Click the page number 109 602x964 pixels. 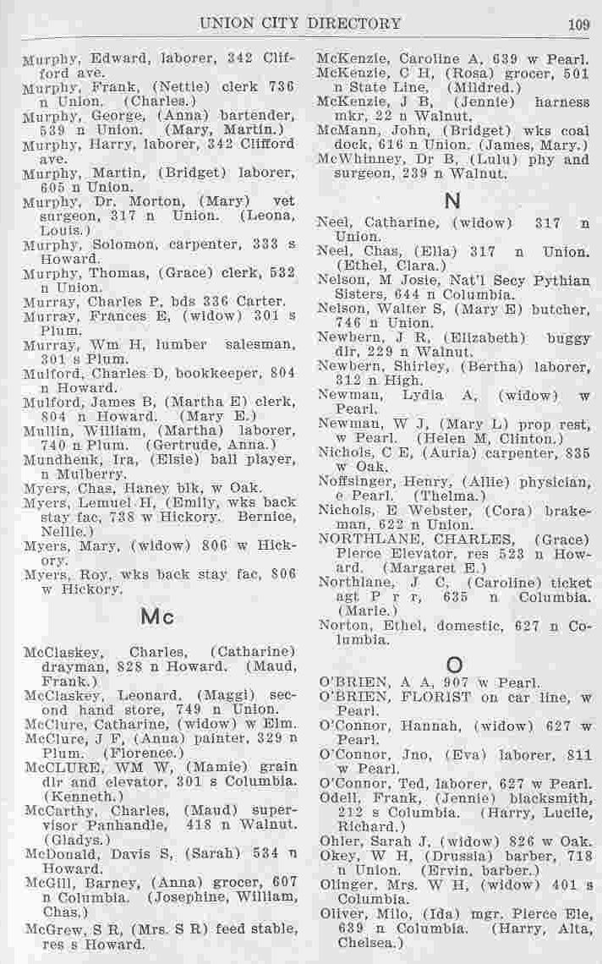[x=578, y=24]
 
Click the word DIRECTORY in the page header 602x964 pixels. [x=353, y=24]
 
